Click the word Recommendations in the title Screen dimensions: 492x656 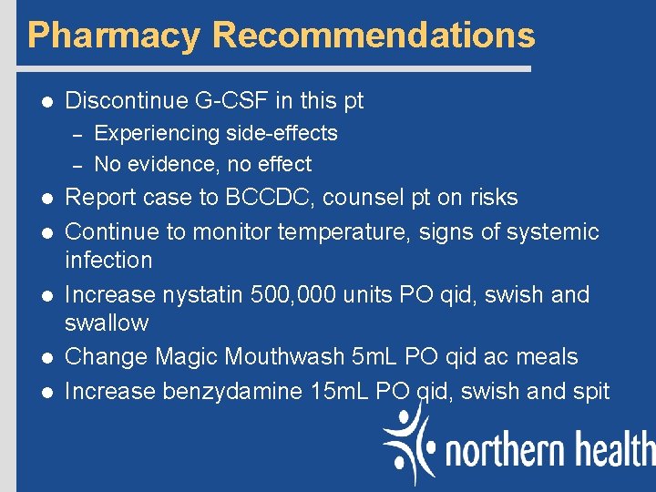(x=374, y=36)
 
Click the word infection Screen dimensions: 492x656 (x=108, y=261)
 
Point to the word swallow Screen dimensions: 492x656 (x=107, y=323)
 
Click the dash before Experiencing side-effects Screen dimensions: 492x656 (x=77, y=134)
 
